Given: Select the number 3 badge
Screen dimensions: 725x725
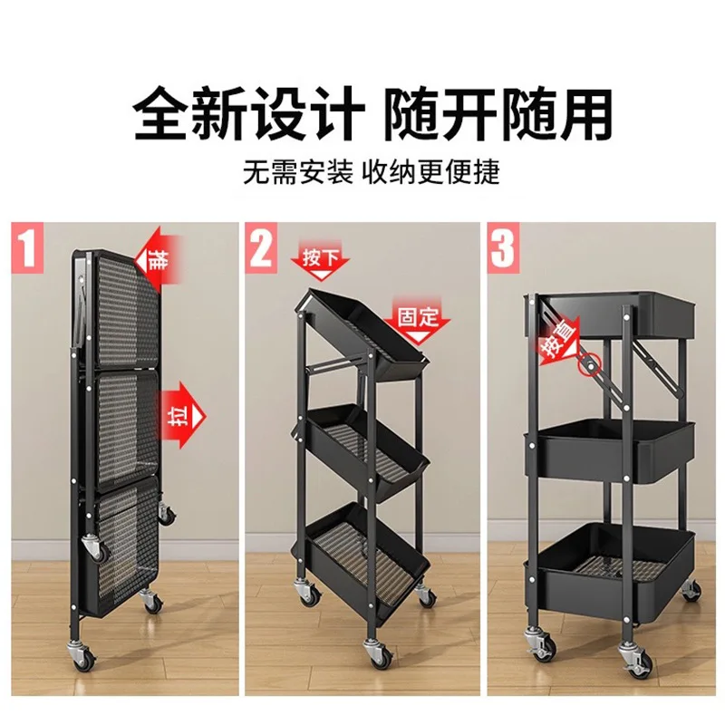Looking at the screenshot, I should pos(505,247).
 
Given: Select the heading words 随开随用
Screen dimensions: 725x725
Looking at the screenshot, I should pos(498,114).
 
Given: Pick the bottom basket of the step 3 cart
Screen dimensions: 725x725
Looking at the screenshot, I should pos(613,562).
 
